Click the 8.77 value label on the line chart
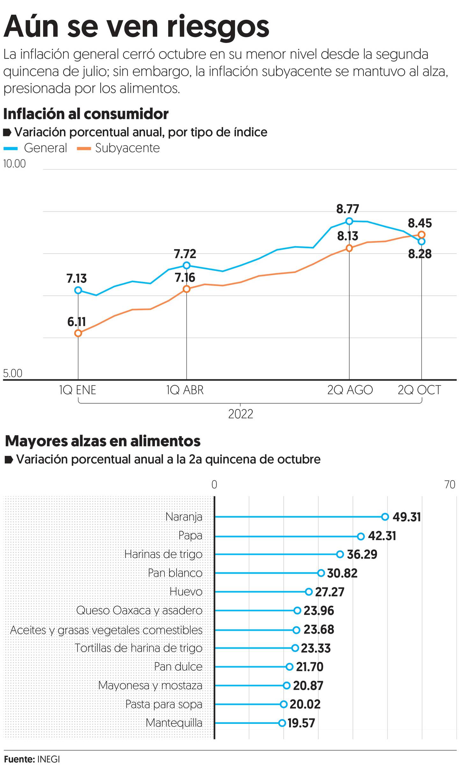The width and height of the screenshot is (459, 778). (x=347, y=209)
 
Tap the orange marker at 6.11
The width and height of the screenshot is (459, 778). (x=78, y=333)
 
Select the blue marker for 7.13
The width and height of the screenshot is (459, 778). (x=78, y=290)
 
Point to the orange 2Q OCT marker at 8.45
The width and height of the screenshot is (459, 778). (x=421, y=234)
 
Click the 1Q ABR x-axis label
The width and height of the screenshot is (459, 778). (x=185, y=390)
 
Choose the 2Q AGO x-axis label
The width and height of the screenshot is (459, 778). (x=350, y=390)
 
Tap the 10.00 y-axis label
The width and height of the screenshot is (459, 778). (x=14, y=164)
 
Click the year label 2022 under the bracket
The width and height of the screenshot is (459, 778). (x=241, y=414)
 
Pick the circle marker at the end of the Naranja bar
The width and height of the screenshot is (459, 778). (x=385, y=517)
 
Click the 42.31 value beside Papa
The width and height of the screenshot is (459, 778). (x=382, y=536)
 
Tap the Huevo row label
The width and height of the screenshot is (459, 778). (x=186, y=592)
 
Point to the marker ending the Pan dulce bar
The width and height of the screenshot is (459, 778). (x=289, y=667)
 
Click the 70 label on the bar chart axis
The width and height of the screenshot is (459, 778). (x=449, y=485)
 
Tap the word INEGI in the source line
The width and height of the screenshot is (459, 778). (x=48, y=759)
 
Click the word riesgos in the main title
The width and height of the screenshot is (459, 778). (x=218, y=27)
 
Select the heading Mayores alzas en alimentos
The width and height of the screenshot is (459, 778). (x=103, y=441)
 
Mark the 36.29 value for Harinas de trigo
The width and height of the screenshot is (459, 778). (x=362, y=554)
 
